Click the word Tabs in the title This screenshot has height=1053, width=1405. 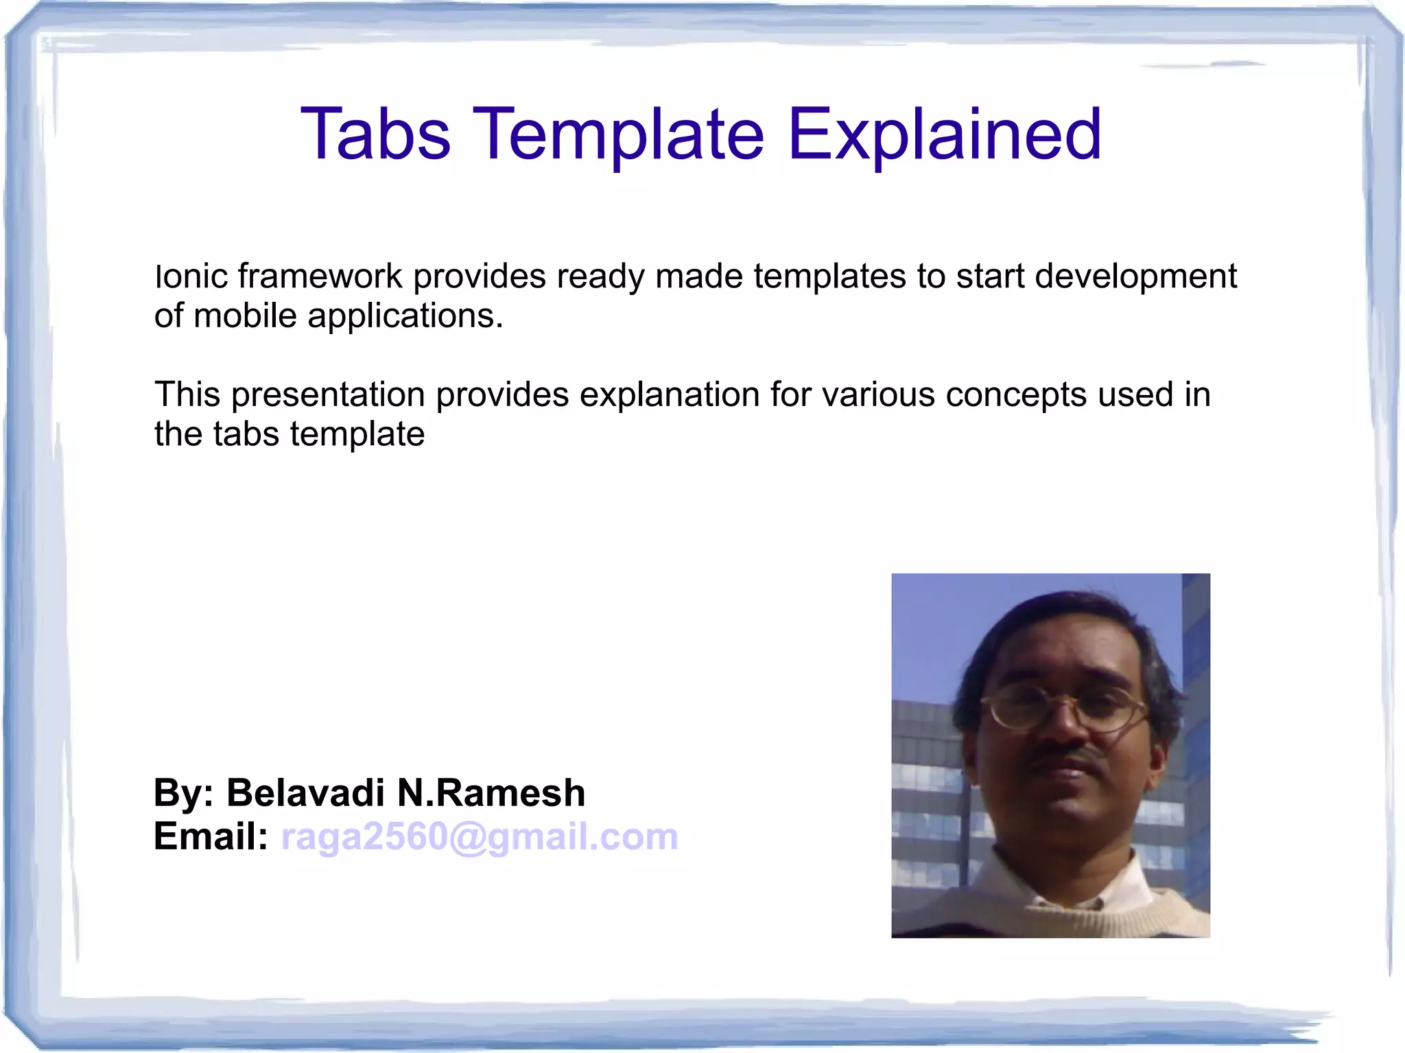[x=375, y=134]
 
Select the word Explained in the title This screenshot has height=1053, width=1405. [x=944, y=134]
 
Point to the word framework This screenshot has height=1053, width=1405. [x=320, y=276]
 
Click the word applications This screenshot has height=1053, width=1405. [x=405, y=316]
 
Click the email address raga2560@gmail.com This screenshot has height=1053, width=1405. [x=480, y=837]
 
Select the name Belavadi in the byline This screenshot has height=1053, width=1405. [x=305, y=793]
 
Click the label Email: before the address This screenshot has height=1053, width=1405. [x=210, y=837]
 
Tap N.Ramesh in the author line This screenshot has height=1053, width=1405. [x=491, y=793]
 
